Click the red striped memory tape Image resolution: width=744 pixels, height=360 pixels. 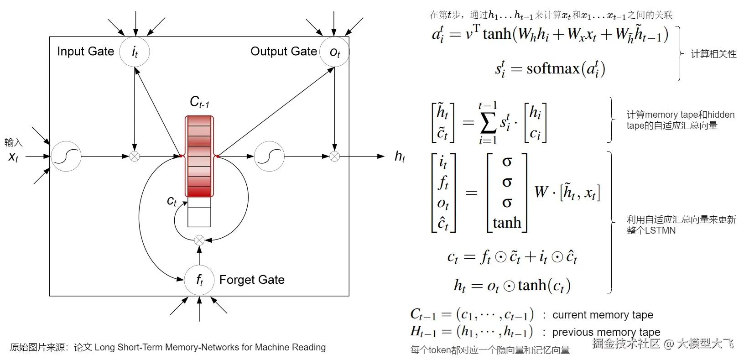(199, 156)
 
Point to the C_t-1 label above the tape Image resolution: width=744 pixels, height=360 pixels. (199, 102)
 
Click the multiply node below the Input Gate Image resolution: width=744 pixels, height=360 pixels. (135, 157)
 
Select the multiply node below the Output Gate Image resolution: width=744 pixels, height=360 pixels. (334, 157)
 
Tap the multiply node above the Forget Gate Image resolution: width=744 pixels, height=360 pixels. (199, 240)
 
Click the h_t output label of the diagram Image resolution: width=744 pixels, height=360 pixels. (400, 157)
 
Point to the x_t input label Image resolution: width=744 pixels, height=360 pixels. (13, 157)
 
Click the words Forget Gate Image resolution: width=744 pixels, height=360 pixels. (252, 280)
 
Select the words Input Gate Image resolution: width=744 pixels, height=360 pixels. (85, 51)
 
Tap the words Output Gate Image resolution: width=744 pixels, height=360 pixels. (284, 51)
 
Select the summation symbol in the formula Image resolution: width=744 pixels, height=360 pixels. (488, 123)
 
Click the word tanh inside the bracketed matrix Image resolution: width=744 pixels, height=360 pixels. (507, 223)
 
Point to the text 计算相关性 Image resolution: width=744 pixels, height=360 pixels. (713, 54)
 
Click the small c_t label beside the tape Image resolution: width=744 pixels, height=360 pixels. (172, 201)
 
